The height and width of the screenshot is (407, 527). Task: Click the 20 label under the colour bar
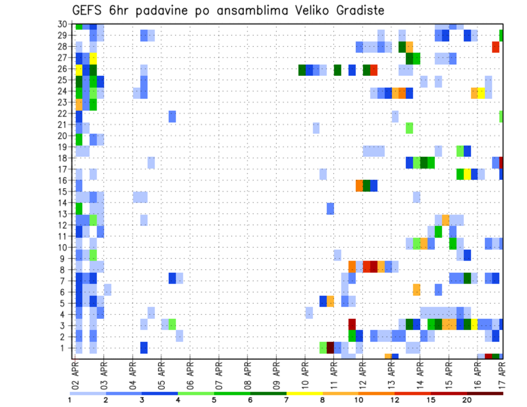(467, 400)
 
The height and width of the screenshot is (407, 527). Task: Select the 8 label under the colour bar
(323, 400)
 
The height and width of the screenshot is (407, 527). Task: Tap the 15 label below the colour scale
(431, 400)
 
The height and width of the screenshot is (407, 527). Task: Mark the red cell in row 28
(496, 47)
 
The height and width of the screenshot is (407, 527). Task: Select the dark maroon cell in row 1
(330, 347)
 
